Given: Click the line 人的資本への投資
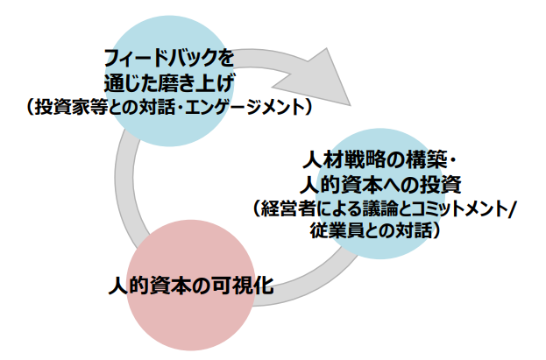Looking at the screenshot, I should [379, 186].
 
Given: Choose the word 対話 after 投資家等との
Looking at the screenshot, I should [150, 108].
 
